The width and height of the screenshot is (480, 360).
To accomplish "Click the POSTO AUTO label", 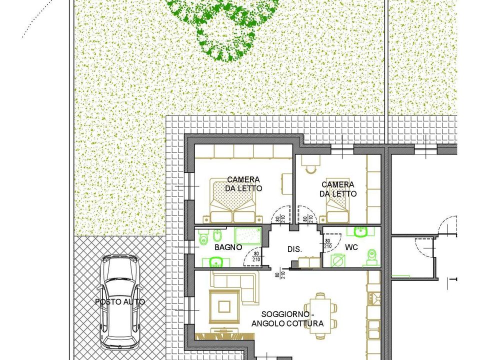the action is (119, 302).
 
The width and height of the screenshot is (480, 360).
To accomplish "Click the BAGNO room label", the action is (228, 247).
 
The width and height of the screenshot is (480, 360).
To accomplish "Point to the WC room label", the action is (351, 247).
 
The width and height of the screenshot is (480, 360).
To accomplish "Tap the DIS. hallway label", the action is (294, 249).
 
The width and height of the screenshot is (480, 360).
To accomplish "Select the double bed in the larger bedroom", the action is (232, 200).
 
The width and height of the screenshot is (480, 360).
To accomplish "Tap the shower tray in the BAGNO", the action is (248, 235).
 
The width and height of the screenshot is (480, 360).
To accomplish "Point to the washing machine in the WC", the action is (338, 261).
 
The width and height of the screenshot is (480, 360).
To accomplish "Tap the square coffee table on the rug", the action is (224, 306).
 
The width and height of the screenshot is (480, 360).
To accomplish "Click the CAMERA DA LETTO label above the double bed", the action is (243, 183).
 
